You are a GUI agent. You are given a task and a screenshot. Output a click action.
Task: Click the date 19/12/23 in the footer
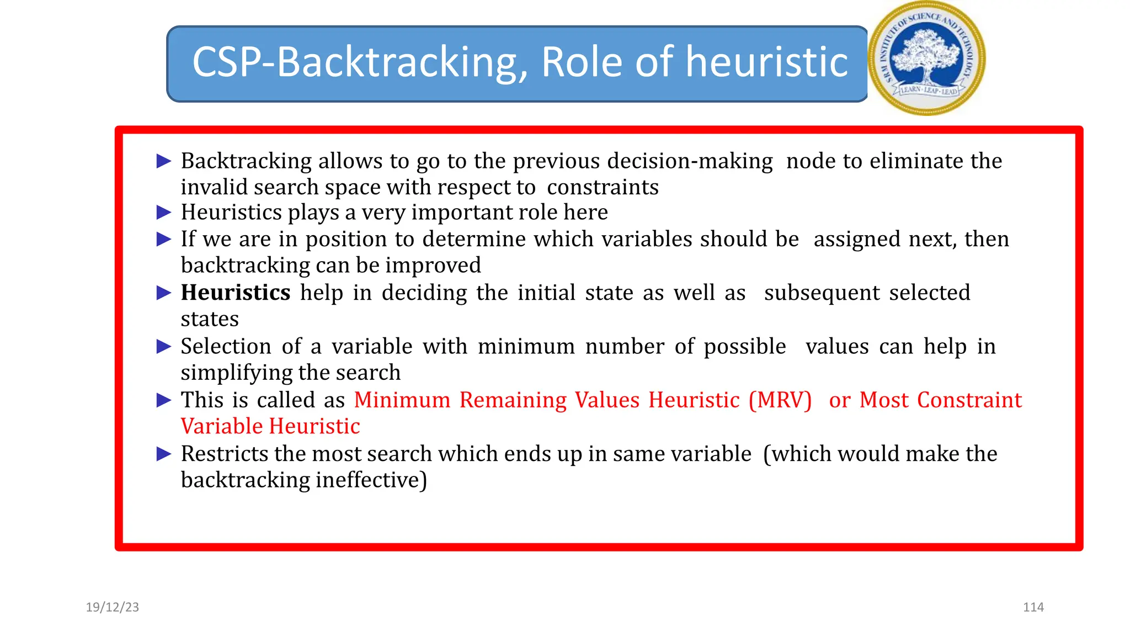point(113,607)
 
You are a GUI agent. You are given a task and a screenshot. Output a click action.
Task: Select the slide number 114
point(1033,607)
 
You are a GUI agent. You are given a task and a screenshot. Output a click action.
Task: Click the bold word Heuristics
point(236,293)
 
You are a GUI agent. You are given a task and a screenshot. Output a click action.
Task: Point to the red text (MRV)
point(780,400)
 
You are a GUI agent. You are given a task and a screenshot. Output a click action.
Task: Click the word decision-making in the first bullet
point(690,161)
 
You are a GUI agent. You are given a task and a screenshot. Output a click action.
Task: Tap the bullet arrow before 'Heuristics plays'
point(164,213)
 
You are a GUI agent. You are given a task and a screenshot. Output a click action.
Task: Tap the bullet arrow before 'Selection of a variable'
point(164,347)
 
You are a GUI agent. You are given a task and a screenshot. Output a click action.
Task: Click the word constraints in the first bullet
point(603,188)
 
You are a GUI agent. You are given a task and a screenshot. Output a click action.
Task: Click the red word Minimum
point(402,400)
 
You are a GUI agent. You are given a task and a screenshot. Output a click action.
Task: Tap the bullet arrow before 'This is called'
point(164,400)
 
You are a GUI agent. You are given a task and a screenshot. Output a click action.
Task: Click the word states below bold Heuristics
point(210,319)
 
